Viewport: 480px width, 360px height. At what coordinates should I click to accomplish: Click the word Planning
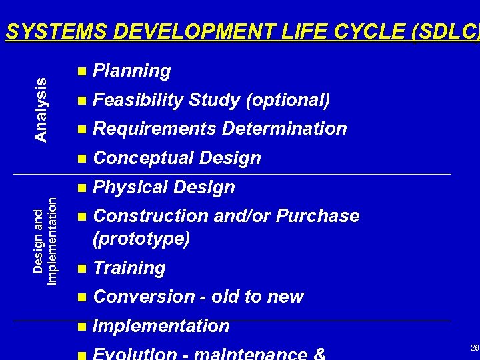tap(132, 71)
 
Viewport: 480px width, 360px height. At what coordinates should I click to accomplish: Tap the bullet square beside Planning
tap(81, 71)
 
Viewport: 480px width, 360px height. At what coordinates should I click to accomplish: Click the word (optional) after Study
tap(288, 100)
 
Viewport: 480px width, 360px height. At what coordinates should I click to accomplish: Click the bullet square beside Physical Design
tap(81, 188)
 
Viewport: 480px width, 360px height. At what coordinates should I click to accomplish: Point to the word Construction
tap(150, 216)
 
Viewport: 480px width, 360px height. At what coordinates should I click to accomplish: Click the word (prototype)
tap(141, 238)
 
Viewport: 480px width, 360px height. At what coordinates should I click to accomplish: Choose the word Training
tap(129, 268)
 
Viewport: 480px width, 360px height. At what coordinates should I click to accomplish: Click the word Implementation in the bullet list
tap(161, 326)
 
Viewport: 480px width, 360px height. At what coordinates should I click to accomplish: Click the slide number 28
tap(474, 348)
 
